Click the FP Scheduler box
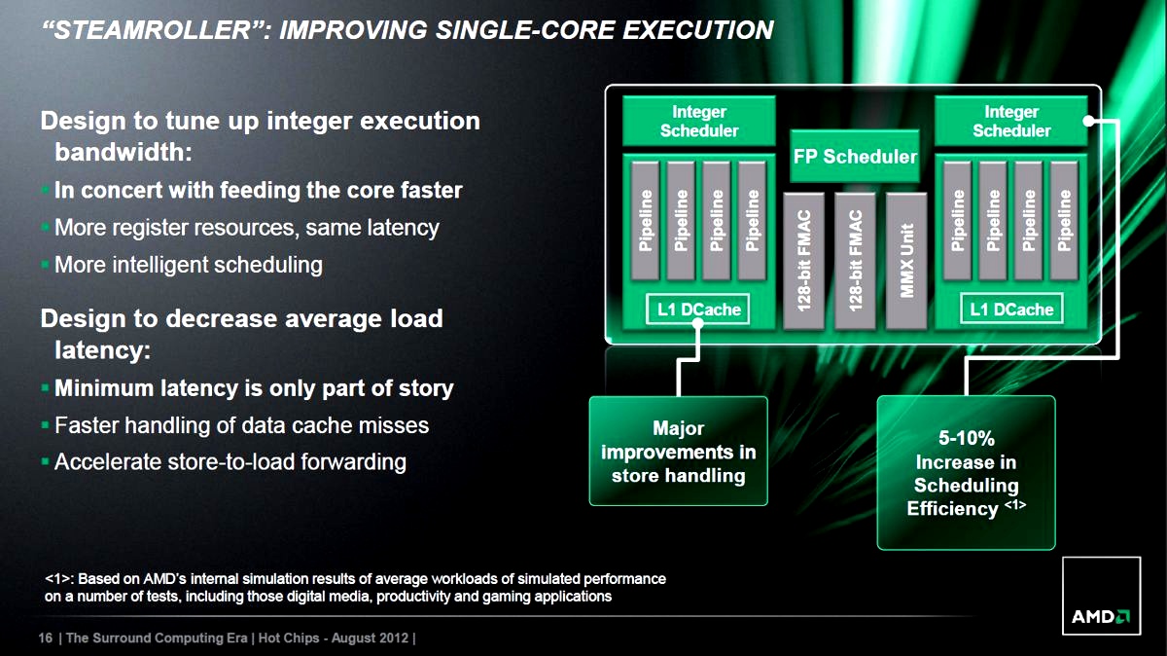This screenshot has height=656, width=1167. [855, 156]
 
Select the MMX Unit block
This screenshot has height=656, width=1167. [906, 261]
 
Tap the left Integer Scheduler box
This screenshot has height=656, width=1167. [699, 121]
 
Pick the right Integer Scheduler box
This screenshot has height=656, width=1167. [1011, 121]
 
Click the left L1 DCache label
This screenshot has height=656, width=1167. [698, 310]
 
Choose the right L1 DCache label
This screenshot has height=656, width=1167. [1011, 310]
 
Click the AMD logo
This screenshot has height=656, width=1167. [1101, 596]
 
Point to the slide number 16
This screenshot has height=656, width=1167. [46, 638]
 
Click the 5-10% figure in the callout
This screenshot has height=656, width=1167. [967, 438]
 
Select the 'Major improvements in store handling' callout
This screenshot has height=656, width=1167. [679, 451]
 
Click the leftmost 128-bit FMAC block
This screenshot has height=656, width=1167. [804, 261]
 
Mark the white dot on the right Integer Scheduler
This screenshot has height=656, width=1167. [1088, 121]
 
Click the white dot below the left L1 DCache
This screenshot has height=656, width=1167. [698, 324]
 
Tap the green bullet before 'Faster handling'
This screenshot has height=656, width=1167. [45, 425]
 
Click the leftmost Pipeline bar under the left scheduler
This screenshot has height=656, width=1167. [646, 221]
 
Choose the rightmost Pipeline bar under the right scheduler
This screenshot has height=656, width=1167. [1064, 221]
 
